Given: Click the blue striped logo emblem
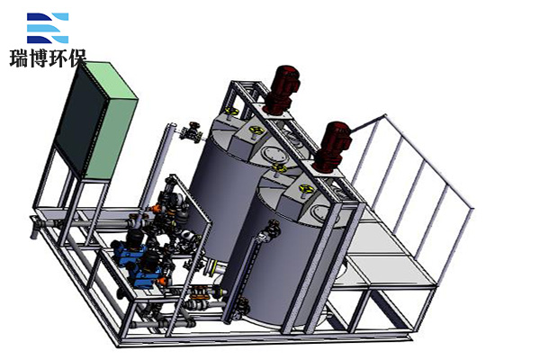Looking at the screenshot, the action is tap(48, 28).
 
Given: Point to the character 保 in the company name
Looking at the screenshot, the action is tap(77, 58).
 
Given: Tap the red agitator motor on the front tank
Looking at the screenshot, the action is tap(333, 147).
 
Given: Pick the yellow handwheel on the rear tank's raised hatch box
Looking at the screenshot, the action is tap(256, 132).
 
